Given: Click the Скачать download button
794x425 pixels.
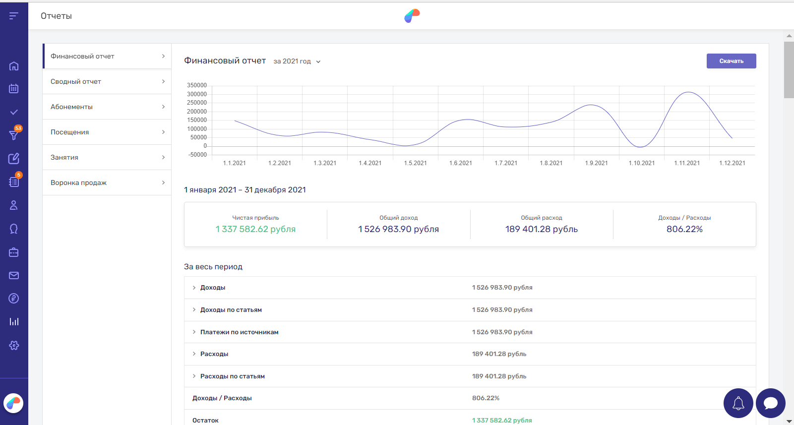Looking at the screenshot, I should point(731,61).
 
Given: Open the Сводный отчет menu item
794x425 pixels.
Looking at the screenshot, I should point(76,82).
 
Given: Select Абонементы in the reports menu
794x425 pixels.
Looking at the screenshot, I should point(71,107).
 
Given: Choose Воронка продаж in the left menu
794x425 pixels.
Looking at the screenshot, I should point(78,183).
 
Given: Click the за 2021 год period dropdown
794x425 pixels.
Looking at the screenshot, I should point(297,61).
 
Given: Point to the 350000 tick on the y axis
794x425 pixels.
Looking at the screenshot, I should point(197,85).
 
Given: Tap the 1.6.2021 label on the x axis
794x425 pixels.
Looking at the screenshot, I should point(460,163).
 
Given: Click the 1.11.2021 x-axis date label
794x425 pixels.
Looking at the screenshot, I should point(686,163).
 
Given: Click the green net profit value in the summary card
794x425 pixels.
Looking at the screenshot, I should point(255,229).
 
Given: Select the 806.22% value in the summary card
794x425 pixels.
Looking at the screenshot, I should point(684,229).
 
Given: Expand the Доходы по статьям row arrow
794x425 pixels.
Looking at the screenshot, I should point(194,310).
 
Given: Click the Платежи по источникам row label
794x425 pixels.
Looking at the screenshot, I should point(239,332).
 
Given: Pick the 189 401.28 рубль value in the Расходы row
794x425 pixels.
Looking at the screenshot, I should point(499,354).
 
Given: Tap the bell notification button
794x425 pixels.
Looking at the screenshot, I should point(738,403).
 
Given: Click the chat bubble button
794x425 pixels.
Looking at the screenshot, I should point(770,403).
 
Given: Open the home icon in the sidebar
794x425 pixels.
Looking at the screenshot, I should point(14,66).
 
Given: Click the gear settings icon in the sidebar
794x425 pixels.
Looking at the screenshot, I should point(14,345).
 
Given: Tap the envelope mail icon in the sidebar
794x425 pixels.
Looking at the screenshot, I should point(14,275).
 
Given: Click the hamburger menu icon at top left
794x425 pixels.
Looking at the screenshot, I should point(14,16).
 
